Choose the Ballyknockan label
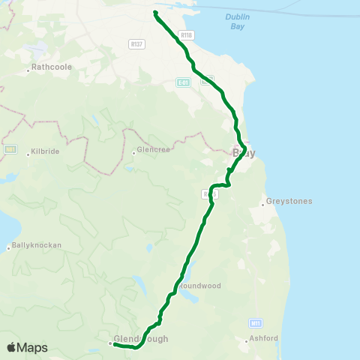[37, 245]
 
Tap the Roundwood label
[198, 286]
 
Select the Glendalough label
[142, 339]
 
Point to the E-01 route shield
[183, 82]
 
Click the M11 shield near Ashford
[256, 322]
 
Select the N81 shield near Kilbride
[10, 148]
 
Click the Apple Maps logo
[27, 347]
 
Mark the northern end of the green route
[155, 12]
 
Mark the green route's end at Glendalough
[115, 345]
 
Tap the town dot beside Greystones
[263, 202]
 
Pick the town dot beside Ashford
[247, 340]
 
